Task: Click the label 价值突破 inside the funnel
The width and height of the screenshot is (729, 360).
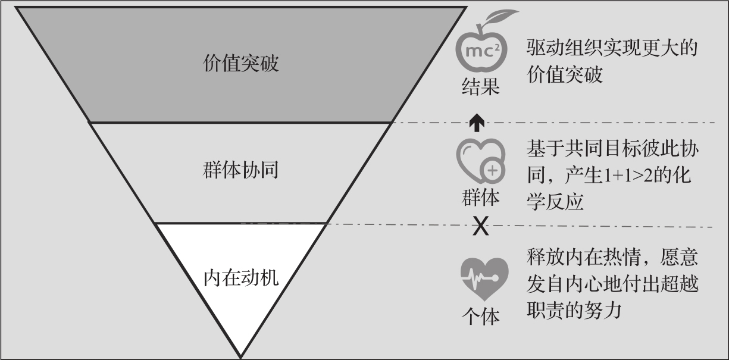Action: (x=240, y=64)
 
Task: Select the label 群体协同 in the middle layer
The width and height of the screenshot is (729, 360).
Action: (x=240, y=171)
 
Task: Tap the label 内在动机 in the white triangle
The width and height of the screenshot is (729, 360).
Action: (x=240, y=277)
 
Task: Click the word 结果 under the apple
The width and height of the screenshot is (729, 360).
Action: (x=480, y=87)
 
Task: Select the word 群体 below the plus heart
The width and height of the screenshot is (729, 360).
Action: (x=480, y=197)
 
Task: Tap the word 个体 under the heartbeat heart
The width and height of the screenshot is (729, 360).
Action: (x=480, y=316)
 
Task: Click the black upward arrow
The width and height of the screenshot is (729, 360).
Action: (x=476, y=122)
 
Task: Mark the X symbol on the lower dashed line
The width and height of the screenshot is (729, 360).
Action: (x=480, y=226)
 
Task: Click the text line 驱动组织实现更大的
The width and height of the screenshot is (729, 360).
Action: (x=612, y=48)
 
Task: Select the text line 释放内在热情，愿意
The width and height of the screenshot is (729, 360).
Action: (x=612, y=258)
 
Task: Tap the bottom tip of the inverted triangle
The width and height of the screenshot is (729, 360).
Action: (x=240, y=356)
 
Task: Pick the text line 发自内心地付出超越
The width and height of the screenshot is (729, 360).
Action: (x=612, y=284)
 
